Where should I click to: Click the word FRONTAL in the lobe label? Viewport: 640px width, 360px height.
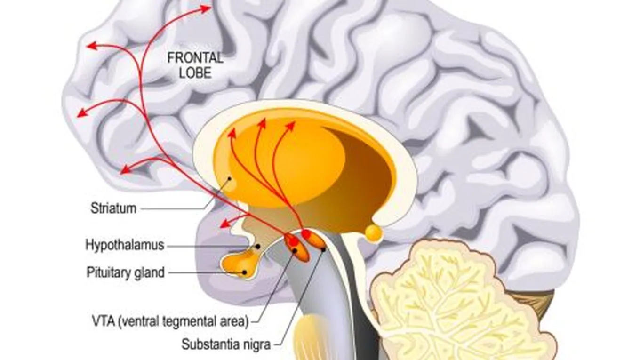coord(195,58)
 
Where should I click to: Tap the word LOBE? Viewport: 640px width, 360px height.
coord(195,73)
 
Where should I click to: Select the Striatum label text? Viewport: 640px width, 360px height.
coord(113,208)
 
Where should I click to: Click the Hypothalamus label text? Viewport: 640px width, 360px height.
coord(125,245)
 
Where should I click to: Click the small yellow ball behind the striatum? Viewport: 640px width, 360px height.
coord(373,232)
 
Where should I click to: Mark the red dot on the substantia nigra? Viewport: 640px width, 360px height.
coord(306,234)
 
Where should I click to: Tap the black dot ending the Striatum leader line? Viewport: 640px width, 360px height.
coord(230,178)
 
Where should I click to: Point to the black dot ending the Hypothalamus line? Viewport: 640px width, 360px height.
coord(257,246)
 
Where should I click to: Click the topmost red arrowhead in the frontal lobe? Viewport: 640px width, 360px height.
coord(208,8)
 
